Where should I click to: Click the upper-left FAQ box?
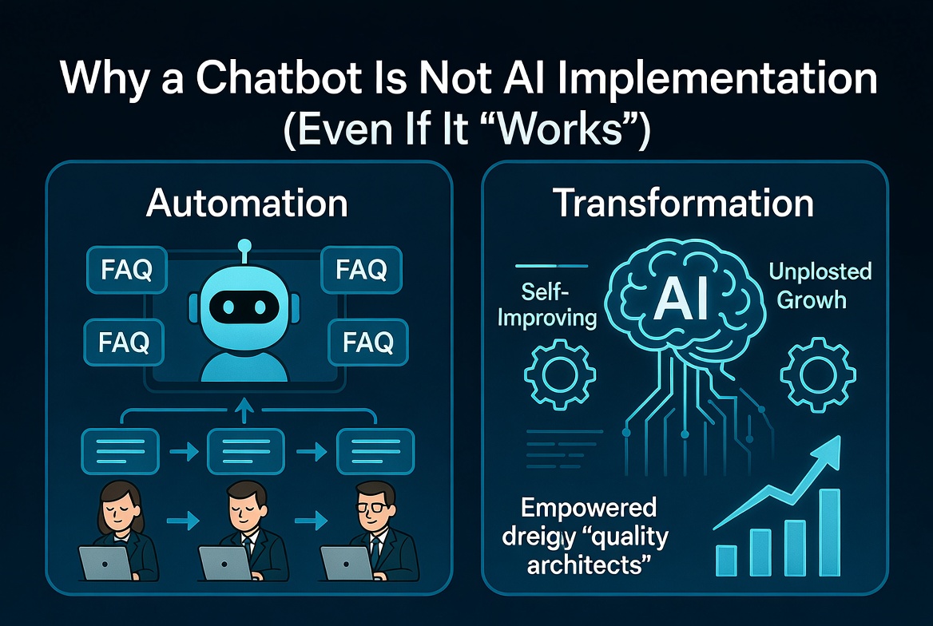click(x=126, y=271)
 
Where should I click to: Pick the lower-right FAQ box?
click(x=367, y=343)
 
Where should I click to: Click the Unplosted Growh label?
click(x=820, y=285)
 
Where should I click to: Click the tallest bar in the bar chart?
click(x=830, y=530)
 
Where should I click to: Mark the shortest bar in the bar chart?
click(x=726, y=559)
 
